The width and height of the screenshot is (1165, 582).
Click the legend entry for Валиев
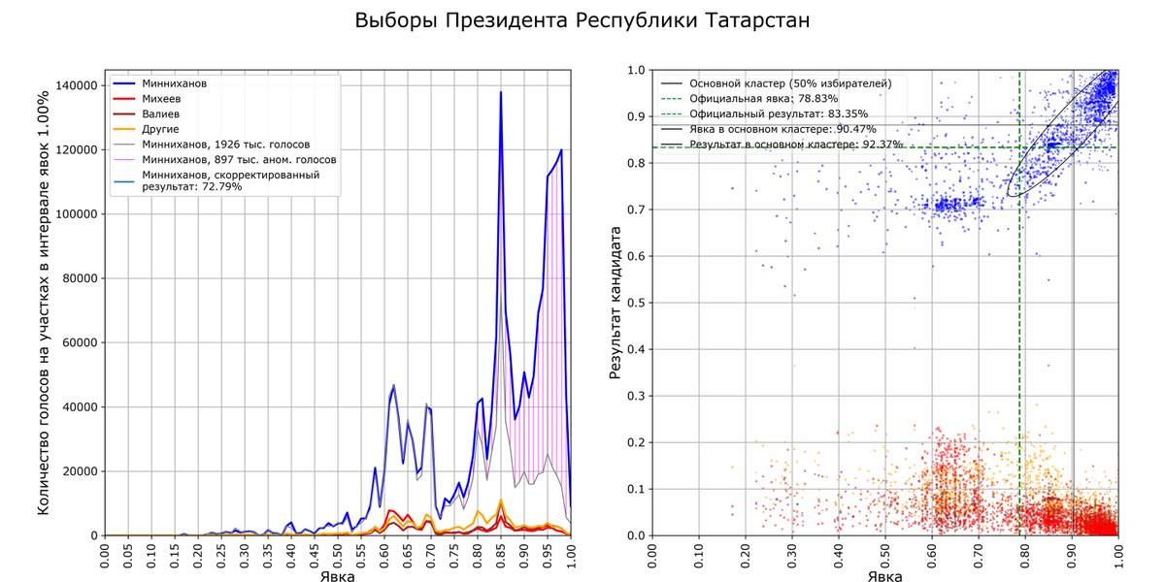pyautogui.click(x=161, y=113)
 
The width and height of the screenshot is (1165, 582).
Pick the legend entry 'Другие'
pyautogui.click(x=161, y=128)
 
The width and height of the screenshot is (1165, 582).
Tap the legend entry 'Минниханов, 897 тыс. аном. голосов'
pyautogui.click(x=239, y=159)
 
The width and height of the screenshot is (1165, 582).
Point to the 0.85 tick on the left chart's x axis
pyautogui.click(x=501, y=558)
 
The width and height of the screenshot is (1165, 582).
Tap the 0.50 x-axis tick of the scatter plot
pyautogui.click(x=885, y=558)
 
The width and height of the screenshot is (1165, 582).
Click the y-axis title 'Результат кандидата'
pyautogui.click(x=616, y=303)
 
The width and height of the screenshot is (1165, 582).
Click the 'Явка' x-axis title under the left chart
pyautogui.click(x=338, y=575)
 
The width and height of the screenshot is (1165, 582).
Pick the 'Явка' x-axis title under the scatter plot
pyautogui.click(x=883, y=575)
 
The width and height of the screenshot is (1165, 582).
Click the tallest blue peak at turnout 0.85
pyautogui.click(x=501, y=93)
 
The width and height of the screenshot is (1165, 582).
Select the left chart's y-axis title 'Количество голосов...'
pyautogui.click(x=44, y=303)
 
